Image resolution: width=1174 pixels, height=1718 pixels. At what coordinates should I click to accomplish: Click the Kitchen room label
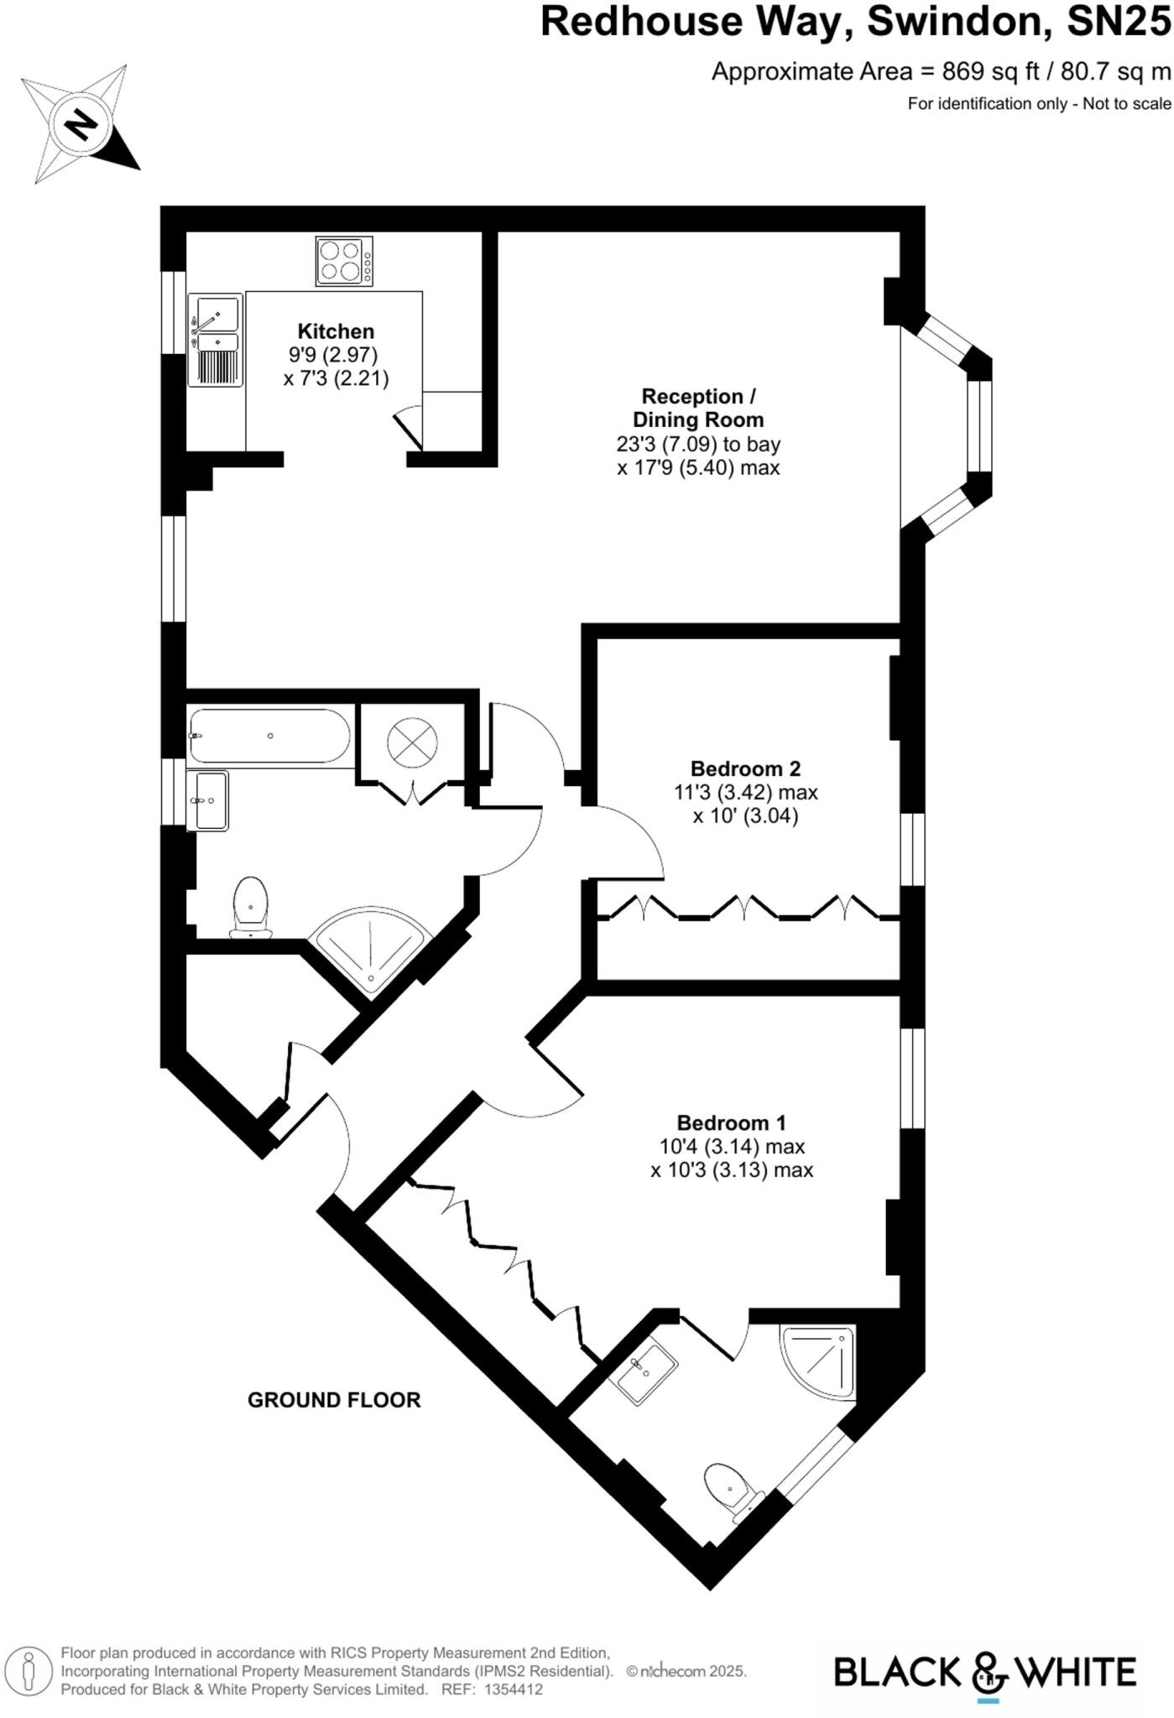click(336, 331)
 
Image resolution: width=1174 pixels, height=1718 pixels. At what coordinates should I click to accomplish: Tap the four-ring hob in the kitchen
click(343, 261)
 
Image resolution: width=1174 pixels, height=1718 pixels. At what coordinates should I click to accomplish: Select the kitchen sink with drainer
click(215, 339)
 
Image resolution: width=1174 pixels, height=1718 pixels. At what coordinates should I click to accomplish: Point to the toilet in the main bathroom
click(250, 906)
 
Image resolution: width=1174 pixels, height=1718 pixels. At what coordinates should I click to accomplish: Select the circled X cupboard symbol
click(412, 742)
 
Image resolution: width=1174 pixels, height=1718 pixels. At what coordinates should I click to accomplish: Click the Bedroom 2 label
click(745, 768)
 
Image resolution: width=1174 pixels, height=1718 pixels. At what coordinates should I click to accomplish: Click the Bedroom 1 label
click(732, 1122)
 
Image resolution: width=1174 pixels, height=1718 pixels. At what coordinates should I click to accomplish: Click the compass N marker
click(81, 125)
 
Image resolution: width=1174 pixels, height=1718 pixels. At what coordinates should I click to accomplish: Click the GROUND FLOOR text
click(334, 1399)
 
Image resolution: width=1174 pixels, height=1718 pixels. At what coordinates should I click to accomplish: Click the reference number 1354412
click(513, 1689)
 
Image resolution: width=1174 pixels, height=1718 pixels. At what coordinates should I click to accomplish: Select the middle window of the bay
click(978, 427)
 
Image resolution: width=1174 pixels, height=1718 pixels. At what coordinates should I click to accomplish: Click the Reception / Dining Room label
click(697, 408)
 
